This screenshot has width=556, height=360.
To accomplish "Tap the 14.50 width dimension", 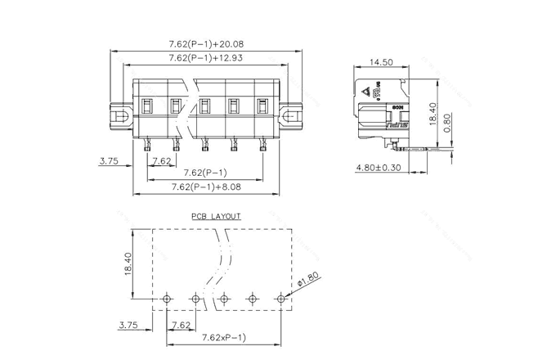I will tap(381, 62).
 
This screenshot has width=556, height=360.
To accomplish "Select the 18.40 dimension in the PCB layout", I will tap(129, 264).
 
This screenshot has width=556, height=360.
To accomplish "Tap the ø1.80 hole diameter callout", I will tap(307, 281).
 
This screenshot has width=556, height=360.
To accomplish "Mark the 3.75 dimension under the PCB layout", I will tap(128, 325).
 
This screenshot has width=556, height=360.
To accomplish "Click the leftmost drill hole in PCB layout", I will tap(167, 299).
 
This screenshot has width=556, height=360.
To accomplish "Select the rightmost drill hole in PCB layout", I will tap(281, 299).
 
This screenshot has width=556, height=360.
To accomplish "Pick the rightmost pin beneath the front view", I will tap(263, 146).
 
